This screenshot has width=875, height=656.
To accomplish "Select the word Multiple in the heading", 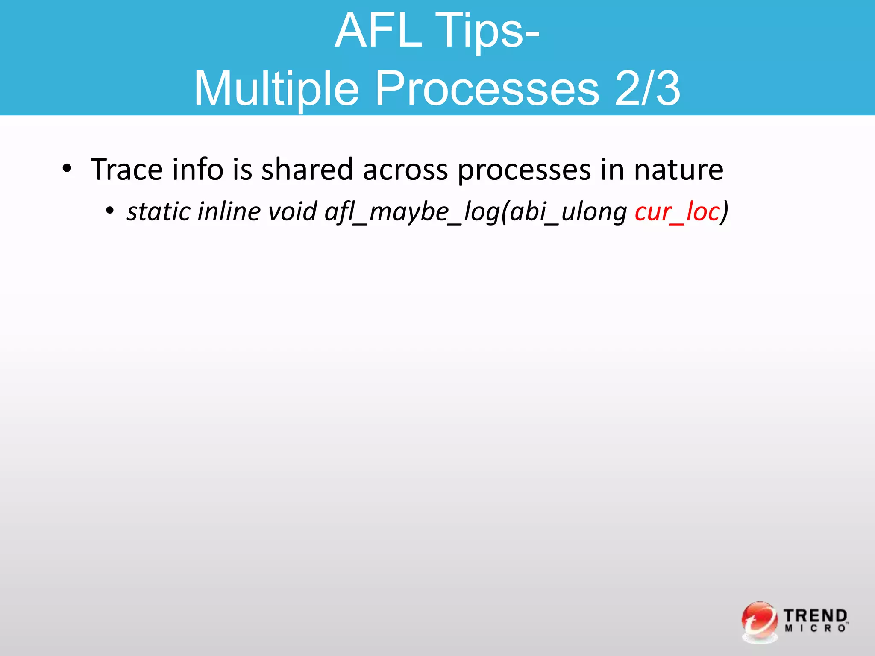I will click(276, 89).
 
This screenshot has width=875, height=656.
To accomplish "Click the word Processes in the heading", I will click(487, 89).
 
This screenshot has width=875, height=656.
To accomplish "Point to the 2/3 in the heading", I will click(647, 89).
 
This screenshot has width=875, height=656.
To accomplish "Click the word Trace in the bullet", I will click(127, 170).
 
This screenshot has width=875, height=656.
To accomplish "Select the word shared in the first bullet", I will click(307, 170).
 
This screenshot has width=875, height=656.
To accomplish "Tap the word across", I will click(405, 170).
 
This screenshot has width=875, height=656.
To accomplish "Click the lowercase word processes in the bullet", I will click(524, 170).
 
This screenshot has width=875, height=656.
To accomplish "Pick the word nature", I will click(678, 170).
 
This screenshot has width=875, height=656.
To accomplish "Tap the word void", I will click(293, 211).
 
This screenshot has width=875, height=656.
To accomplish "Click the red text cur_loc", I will click(677, 212).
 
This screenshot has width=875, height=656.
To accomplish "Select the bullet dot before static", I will click(110, 211).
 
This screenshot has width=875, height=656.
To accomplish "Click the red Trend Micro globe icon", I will click(760, 622).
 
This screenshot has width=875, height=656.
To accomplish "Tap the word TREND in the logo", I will click(815, 616).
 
